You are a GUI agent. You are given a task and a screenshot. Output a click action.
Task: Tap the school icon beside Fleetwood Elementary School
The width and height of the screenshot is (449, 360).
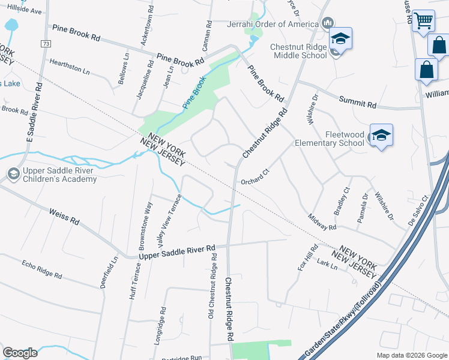pyautogui.click(x=381, y=136)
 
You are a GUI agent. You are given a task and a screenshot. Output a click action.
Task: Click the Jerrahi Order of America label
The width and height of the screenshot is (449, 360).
pyautogui.click(x=272, y=24)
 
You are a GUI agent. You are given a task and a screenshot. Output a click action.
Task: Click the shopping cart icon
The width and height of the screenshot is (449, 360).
pyautogui.click(x=423, y=20)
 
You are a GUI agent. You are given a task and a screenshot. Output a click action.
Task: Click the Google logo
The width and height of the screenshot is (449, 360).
pyautogui.click(x=20, y=352)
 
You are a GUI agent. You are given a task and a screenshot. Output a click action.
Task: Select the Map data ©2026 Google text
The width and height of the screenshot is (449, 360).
pyautogui.click(x=411, y=355)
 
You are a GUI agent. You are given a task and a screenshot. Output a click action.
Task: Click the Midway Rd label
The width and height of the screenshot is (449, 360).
pyautogui.click(x=322, y=223)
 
